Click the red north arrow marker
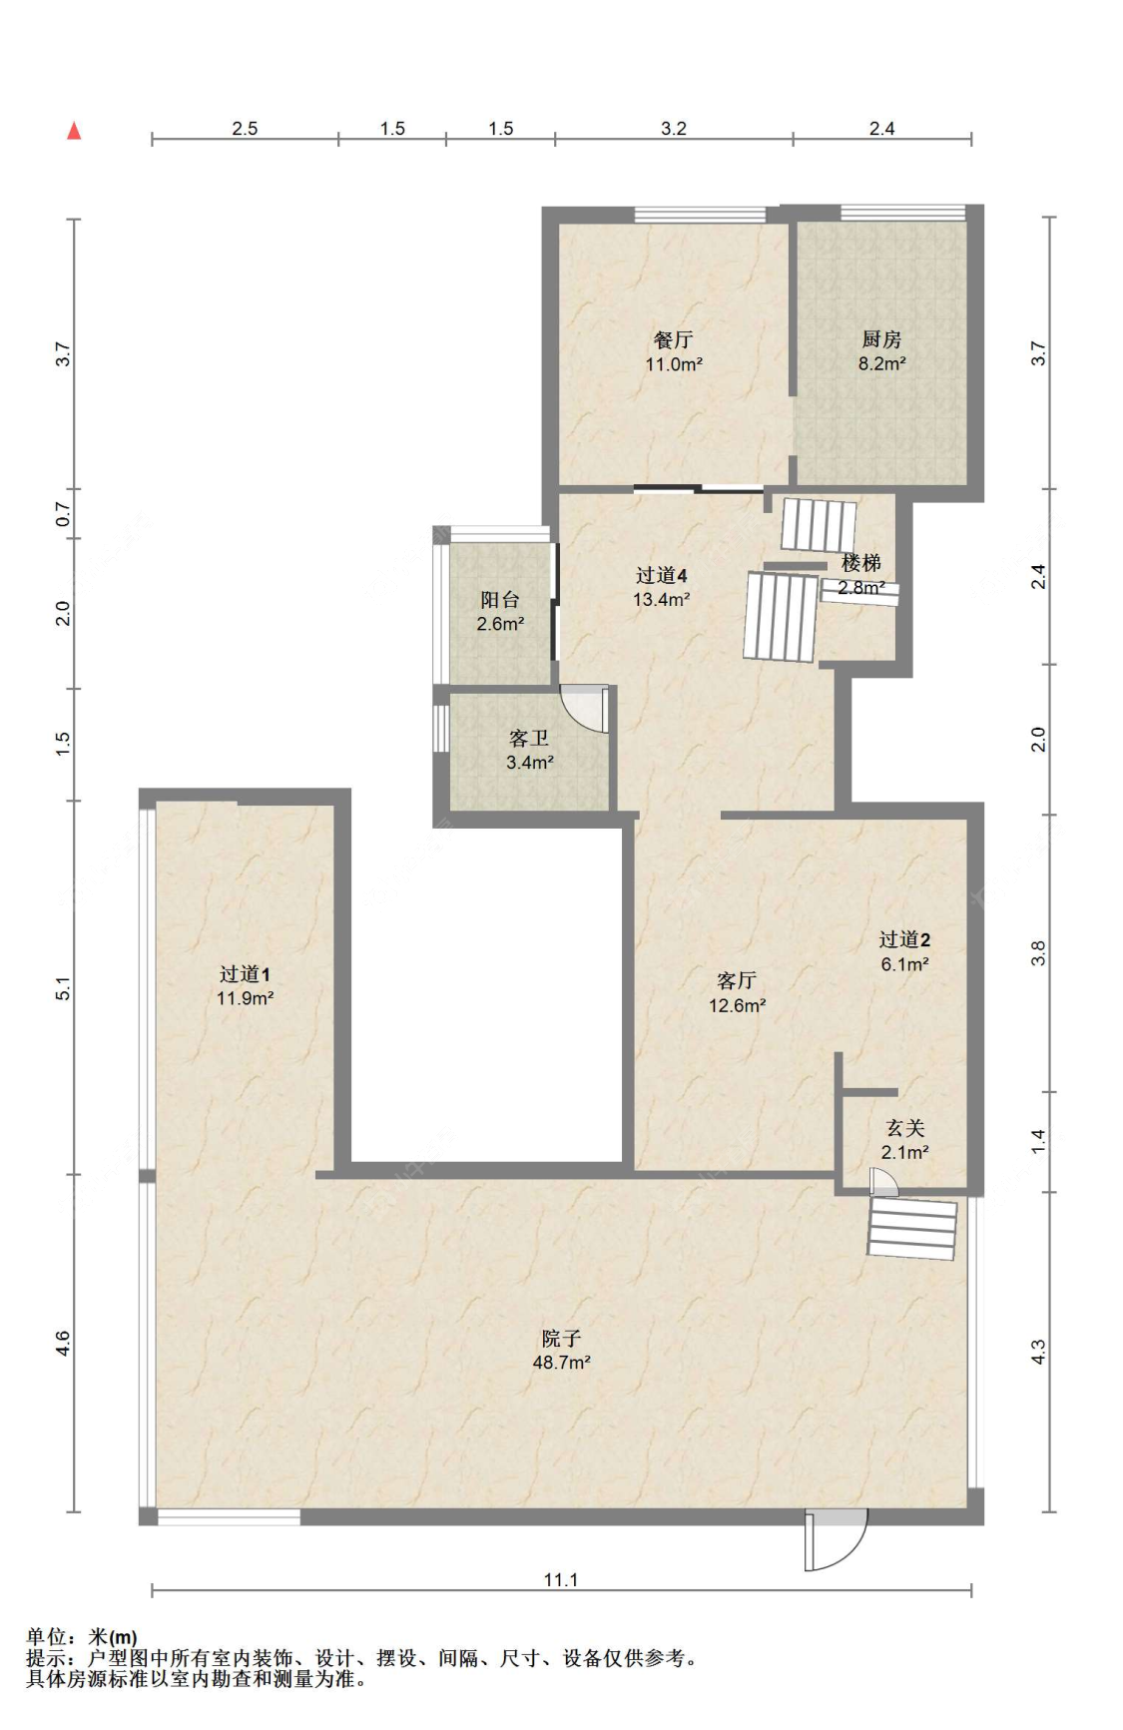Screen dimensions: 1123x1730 tap(74, 131)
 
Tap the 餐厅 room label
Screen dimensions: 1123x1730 tap(673, 340)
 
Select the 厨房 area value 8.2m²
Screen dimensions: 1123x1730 tap(881, 364)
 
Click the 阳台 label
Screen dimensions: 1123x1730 tap(500, 600)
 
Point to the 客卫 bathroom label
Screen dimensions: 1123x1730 tap(529, 739)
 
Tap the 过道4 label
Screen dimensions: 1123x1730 tap(661, 576)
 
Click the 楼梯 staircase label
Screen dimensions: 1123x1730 tap(860, 564)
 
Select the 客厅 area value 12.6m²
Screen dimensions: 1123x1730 tap(737, 1006)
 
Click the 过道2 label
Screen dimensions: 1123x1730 tap(904, 939)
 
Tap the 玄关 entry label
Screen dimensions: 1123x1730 tap(905, 1128)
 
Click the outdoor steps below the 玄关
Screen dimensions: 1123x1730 tap(912, 1229)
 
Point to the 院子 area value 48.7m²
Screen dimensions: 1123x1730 tap(561, 1363)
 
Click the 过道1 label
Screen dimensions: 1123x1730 tap(245, 974)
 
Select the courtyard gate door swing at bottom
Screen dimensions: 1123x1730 tap(837, 1539)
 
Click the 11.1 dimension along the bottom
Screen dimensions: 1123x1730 tap(561, 1580)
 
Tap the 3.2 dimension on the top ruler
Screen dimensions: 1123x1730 tap(674, 129)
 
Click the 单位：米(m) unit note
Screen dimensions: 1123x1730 tap(82, 1637)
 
